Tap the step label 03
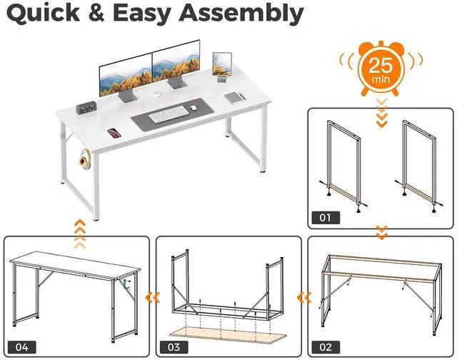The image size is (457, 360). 174,346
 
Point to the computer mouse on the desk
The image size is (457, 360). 193,109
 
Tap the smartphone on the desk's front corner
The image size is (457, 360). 113,132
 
